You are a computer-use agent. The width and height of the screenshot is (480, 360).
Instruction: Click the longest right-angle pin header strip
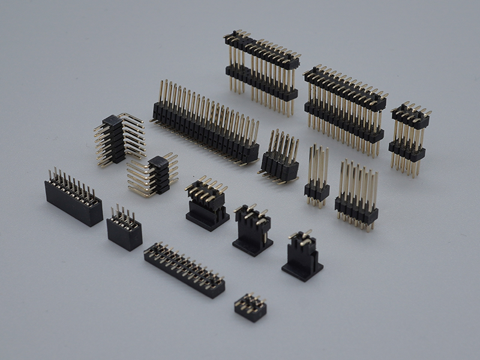[204, 129]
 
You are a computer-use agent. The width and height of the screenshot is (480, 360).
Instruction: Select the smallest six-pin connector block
[250, 307]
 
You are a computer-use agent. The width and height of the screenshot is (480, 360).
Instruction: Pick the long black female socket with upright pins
[73, 201]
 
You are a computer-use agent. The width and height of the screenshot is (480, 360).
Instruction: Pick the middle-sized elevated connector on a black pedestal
[253, 231]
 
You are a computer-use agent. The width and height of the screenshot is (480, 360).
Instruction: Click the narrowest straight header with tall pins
[317, 191]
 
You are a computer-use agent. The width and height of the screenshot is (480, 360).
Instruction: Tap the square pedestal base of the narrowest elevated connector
[302, 270]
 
